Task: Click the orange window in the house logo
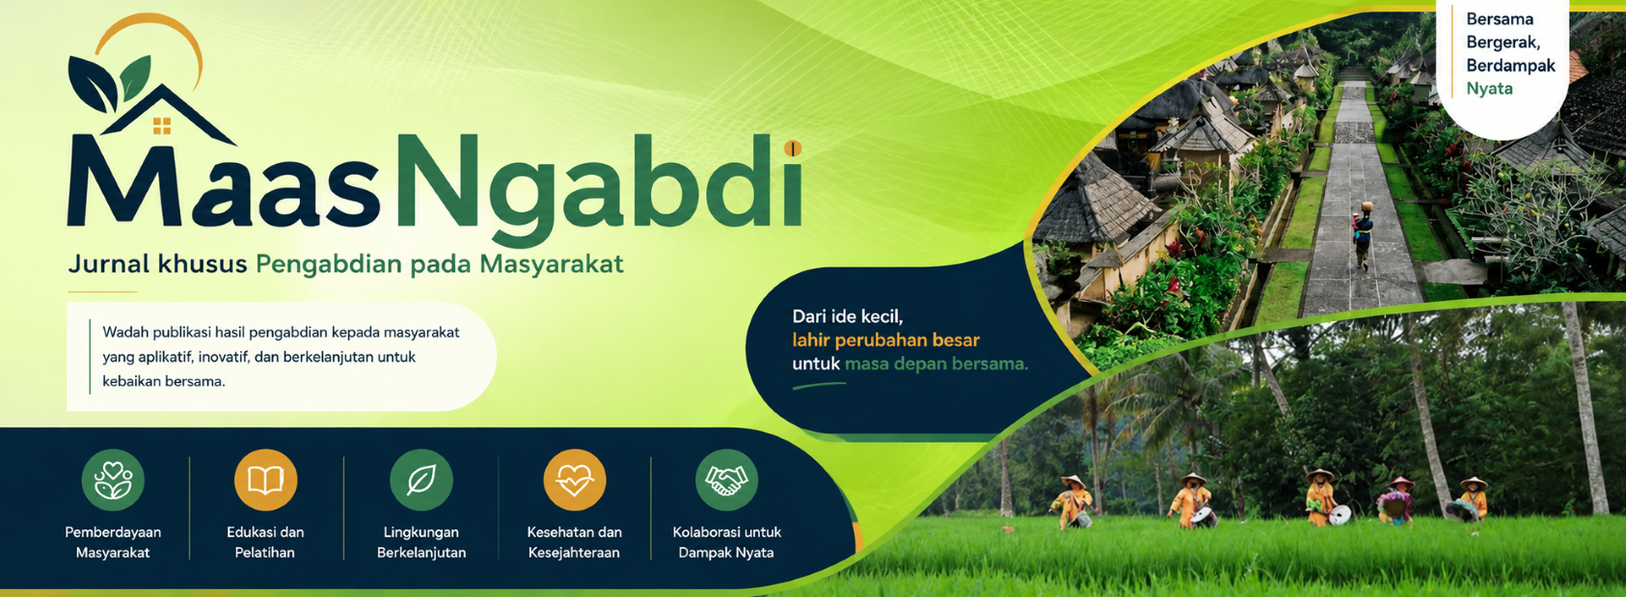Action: click(162, 126)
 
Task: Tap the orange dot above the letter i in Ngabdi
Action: click(793, 149)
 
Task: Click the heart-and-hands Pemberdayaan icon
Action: click(113, 480)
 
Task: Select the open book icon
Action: click(265, 480)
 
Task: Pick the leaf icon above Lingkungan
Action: click(421, 480)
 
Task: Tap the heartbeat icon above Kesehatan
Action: click(574, 480)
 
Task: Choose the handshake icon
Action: click(726, 480)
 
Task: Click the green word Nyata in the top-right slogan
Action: click(1489, 90)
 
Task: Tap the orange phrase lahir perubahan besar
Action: click(885, 339)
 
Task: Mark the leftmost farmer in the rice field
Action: click(1072, 502)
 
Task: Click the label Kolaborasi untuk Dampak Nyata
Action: click(726, 543)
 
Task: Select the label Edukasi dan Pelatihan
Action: click(265, 543)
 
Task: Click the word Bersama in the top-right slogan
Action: click(1500, 19)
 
